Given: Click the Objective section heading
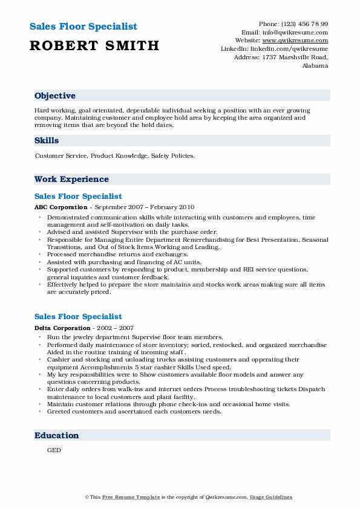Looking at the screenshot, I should pyautogui.click(x=55, y=96).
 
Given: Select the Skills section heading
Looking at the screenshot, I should pyautogui.click(x=47, y=141).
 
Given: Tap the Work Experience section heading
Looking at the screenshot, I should pyautogui.click(x=71, y=180).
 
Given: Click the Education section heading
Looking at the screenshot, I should pyautogui.click(x=57, y=436).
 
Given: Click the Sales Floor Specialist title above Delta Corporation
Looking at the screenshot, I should pyautogui.click(x=78, y=317).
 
